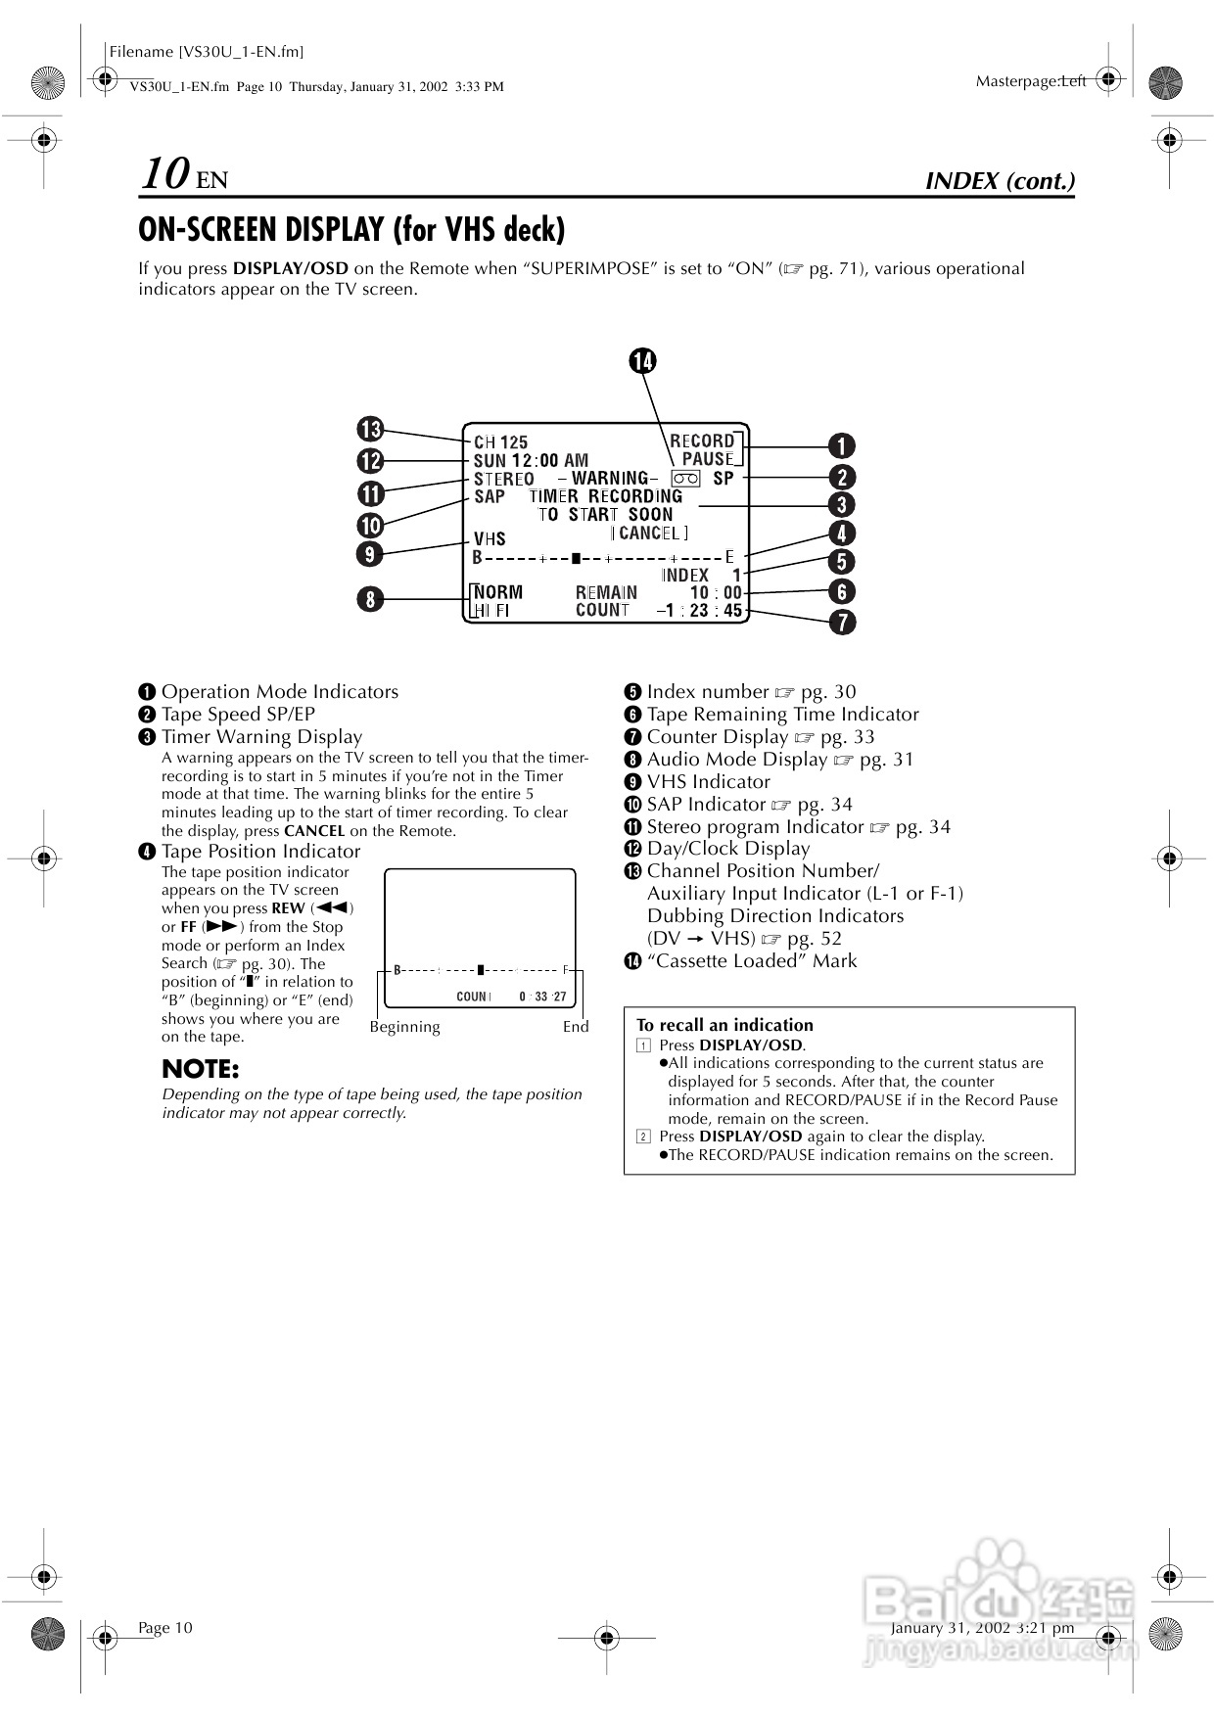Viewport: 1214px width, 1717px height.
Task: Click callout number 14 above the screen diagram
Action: pyautogui.click(x=642, y=361)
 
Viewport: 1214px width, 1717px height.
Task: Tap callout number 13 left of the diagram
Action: pyautogui.click(x=370, y=429)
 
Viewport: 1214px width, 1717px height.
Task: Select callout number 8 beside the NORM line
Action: pyautogui.click(x=370, y=598)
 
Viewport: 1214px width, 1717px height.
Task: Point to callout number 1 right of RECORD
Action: pyautogui.click(x=841, y=446)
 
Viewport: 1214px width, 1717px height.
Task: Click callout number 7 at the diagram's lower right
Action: pyautogui.click(x=841, y=622)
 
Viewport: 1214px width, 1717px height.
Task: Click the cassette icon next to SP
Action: pyautogui.click(x=686, y=478)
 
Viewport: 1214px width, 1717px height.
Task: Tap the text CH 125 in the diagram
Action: pyautogui.click(x=500, y=442)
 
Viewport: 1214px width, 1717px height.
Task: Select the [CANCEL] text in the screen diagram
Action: pyautogui.click(x=650, y=533)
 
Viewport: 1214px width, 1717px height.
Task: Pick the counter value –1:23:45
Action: pyautogui.click(x=699, y=611)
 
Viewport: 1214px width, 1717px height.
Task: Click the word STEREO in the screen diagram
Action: pyautogui.click(x=504, y=479)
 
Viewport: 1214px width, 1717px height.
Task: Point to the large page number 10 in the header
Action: pyautogui.click(x=164, y=174)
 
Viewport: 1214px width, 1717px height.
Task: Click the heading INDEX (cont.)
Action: pyautogui.click(x=1000, y=181)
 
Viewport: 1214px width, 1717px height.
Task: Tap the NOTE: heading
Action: pyautogui.click(x=200, y=1069)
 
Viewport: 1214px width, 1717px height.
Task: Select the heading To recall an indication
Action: pyautogui.click(x=724, y=1025)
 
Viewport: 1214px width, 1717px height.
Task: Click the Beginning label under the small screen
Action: pyautogui.click(x=404, y=1027)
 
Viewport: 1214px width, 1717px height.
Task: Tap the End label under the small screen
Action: pyautogui.click(x=576, y=1027)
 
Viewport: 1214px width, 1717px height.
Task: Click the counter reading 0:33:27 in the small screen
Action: pyautogui.click(x=542, y=997)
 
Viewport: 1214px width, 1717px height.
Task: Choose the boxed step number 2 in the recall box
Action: pyautogui.click(x=643, y=1137)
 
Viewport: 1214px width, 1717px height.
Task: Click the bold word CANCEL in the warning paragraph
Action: pyautogui.click(x=314, y=831)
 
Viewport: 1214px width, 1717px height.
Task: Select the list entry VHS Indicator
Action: pyautogui.click(x=708, y=782)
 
